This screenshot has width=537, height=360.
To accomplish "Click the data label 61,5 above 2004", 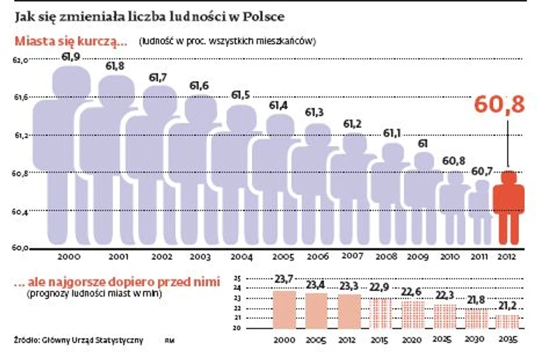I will point(241,95).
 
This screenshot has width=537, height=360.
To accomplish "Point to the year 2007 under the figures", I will point(352,256).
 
